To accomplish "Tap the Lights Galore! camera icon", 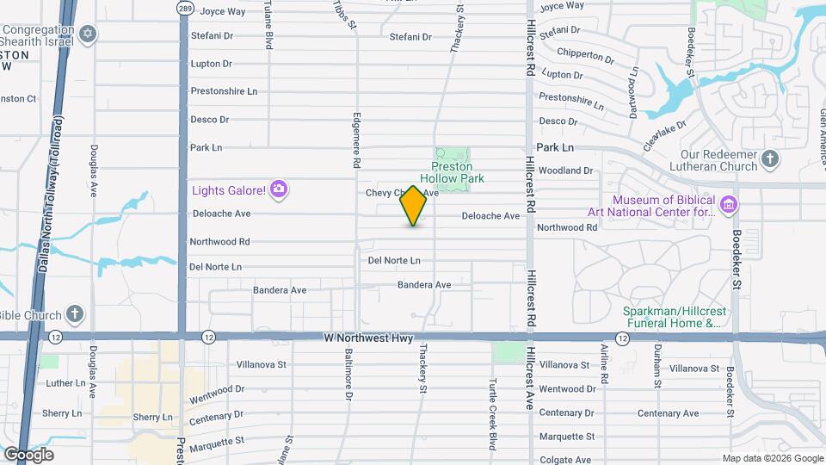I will pos(278,189).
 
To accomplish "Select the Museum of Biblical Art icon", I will pos(729,205).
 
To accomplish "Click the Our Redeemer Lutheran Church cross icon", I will pos(770,158).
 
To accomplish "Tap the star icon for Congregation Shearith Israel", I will pos(86,34).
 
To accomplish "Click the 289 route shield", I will pos(185,8).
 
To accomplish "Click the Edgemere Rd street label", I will pos(356,139).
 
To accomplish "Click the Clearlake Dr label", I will pos(663,134).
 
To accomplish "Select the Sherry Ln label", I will pos(64,413).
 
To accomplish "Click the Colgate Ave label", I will pos(565,460).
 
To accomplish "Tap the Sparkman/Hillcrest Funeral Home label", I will pos(671,317).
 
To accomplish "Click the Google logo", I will pos(28,455).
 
